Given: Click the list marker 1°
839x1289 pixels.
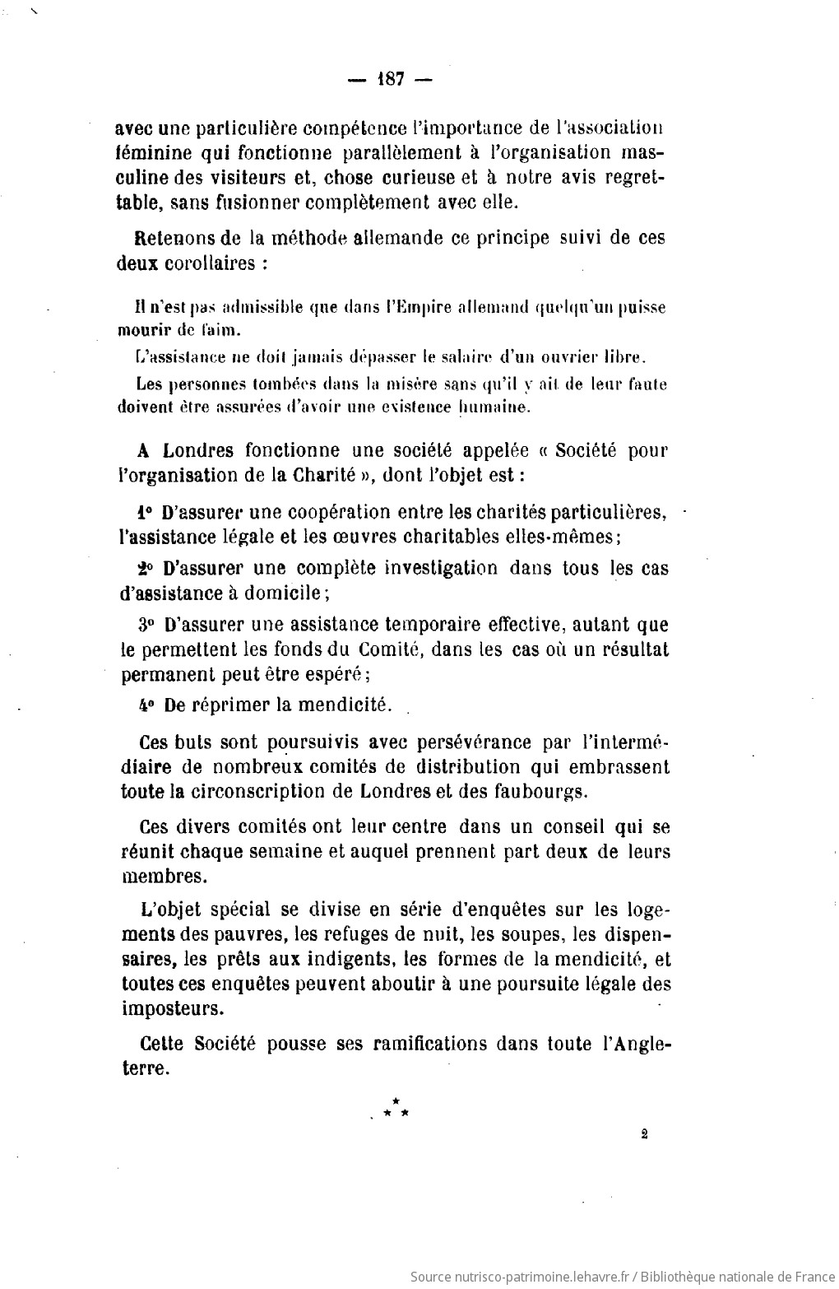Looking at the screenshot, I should click(x=146, y=512).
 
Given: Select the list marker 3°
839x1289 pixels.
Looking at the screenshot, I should click(x=146, y=624).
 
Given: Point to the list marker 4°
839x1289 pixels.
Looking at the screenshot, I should click(x=146, y=705).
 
